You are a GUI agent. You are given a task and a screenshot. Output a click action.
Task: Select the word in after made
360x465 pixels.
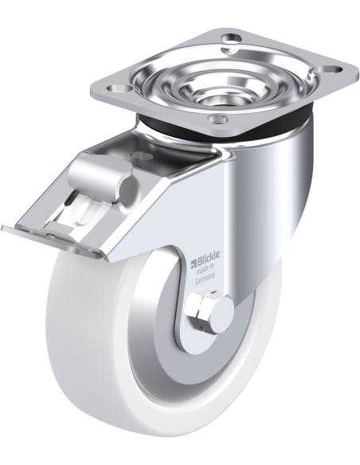pyautogui.click(x=212, y=266)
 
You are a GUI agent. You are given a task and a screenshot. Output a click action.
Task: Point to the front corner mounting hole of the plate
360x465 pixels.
pyautogui.click(x=218, y=119)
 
